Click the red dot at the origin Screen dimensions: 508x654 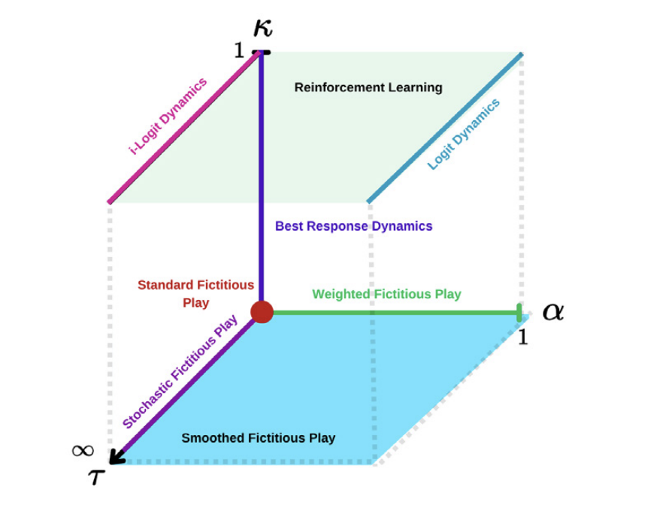pos(261,311)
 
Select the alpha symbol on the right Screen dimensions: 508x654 pos(553,311)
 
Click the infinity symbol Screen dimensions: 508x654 pos(83,450)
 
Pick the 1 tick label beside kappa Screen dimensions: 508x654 pos(238,50)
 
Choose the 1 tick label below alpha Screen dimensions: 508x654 pos(523,337)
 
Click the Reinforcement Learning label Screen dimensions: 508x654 pos(368,87)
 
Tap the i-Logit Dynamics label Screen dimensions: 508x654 pos(168,116)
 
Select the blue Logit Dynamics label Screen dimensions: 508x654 pos(463,135)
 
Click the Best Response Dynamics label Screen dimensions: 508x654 pos(353,225)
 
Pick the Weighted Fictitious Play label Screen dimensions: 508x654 pos(386,294)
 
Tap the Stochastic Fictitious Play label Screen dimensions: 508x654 pos(180,373)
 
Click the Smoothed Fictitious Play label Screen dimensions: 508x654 pos(258,437)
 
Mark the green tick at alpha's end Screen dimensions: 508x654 pos(519,311)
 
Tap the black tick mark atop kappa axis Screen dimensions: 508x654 pos(262,52)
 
